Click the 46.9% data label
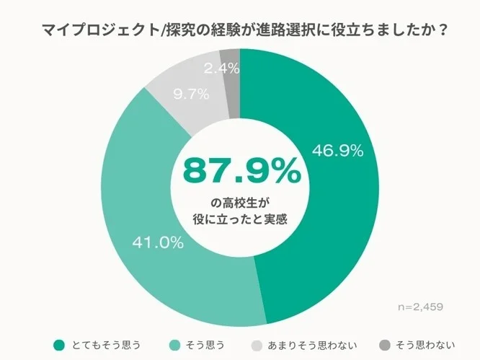[337, 151]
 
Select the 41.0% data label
[157, 242]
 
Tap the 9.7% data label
[191, 94]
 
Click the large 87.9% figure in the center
[240, 170]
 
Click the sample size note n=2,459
[420, 307]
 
